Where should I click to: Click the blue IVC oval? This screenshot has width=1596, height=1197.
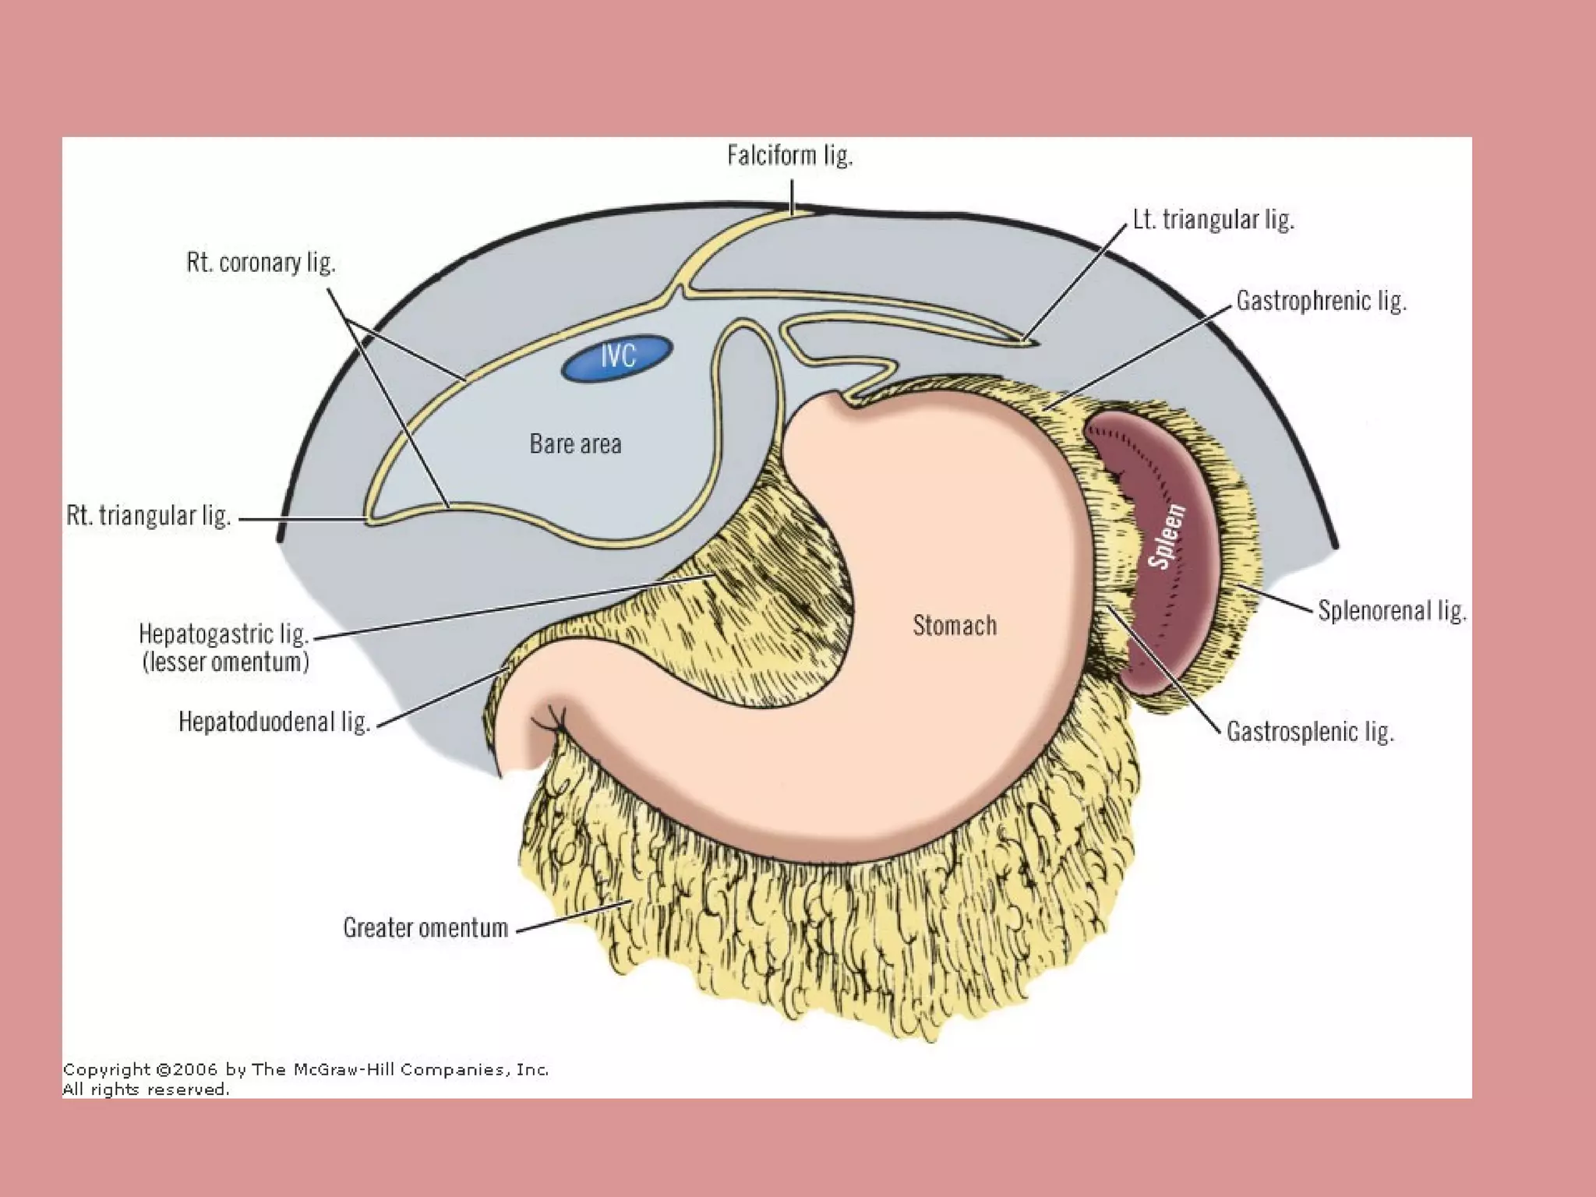point(616,358)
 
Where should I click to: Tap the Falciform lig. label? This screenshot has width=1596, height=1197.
point(789,156)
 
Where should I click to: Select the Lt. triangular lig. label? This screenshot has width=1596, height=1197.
point(1213,220)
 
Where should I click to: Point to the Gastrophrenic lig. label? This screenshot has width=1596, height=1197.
point(1321,301)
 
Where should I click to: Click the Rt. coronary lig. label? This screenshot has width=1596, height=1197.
point(260,263)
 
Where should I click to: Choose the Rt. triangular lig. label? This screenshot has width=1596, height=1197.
point(148,516)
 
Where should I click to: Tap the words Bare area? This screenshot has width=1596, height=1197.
point(575,444)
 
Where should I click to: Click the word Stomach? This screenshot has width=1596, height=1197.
point(954,626)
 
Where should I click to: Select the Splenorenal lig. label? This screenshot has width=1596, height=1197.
point(1392,610)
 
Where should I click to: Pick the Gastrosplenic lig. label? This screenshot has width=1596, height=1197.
point(1309,732)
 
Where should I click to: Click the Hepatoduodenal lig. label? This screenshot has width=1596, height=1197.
point(274,722)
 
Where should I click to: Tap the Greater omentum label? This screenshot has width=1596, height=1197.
point(425,927)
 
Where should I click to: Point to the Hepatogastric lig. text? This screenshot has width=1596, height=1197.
point(224,634)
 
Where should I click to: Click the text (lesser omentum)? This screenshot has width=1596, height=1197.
point(226,662)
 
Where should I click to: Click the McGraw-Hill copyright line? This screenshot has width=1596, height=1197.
point(305,1070)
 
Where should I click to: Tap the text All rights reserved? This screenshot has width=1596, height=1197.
point(146,1089)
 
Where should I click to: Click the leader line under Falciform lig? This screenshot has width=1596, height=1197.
point(792,196)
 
